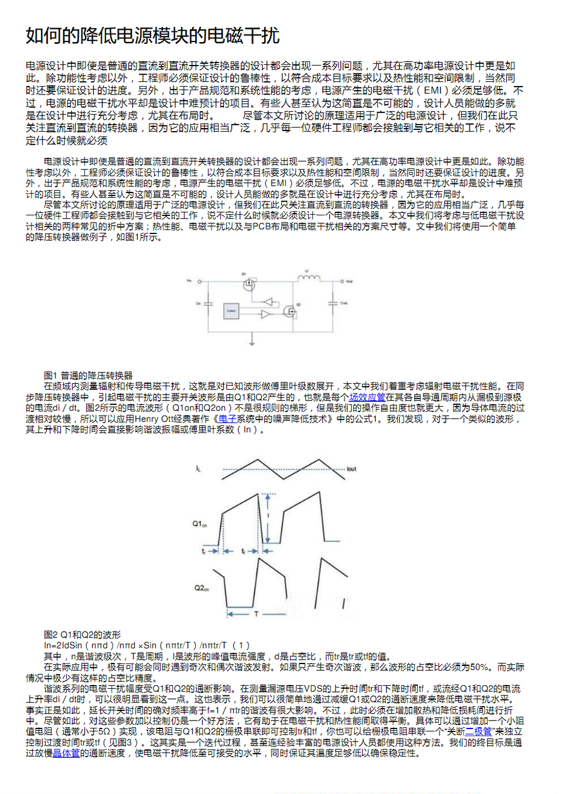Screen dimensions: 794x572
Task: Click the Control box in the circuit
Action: pyautogui.click(x=232, y=311)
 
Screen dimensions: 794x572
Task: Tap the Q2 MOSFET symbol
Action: pyautogui.click(x=290, y=311)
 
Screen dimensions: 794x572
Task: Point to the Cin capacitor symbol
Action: pyautogui.click(x=208, y=304)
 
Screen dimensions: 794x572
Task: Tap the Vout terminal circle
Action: pyautogui.click(x=342, y=281)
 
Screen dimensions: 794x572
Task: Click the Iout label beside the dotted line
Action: pyautogui.click(x=352, y=469)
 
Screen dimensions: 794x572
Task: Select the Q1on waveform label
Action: pyautogui.click(x=200, y=524)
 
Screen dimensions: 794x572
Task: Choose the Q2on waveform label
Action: pyautogui.click(x=201, y=588)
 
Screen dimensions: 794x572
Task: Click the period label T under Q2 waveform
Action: pyautogui.click(x=256, y=614)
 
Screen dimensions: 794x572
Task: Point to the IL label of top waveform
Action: pyautogui.click(x=199, y=468)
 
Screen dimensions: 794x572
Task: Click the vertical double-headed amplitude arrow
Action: pyautogui.click(x=267, y=519)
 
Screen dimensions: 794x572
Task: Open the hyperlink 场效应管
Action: pyautogui.click(x=367, y=398)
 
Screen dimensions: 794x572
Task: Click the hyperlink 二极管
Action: pyautogui.click(x=479, y=731)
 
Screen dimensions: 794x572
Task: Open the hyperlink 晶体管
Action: pyautogui.click(x=66, y=753)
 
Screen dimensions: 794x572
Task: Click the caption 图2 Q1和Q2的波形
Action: pyautogui.click(x=82, y=635)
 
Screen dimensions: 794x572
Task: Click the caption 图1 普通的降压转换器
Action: pyautogui.click(x=89, y=375)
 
